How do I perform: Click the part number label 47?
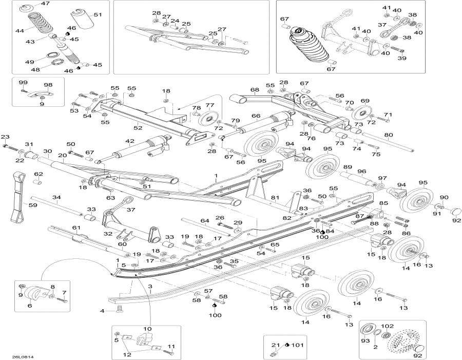(46, 4)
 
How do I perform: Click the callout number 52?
(137, 128)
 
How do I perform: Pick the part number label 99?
(23, 83)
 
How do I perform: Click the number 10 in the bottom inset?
(147, 329)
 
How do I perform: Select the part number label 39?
(401, 59)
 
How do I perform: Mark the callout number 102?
(402, 326)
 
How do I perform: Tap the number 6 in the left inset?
(29, 306)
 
